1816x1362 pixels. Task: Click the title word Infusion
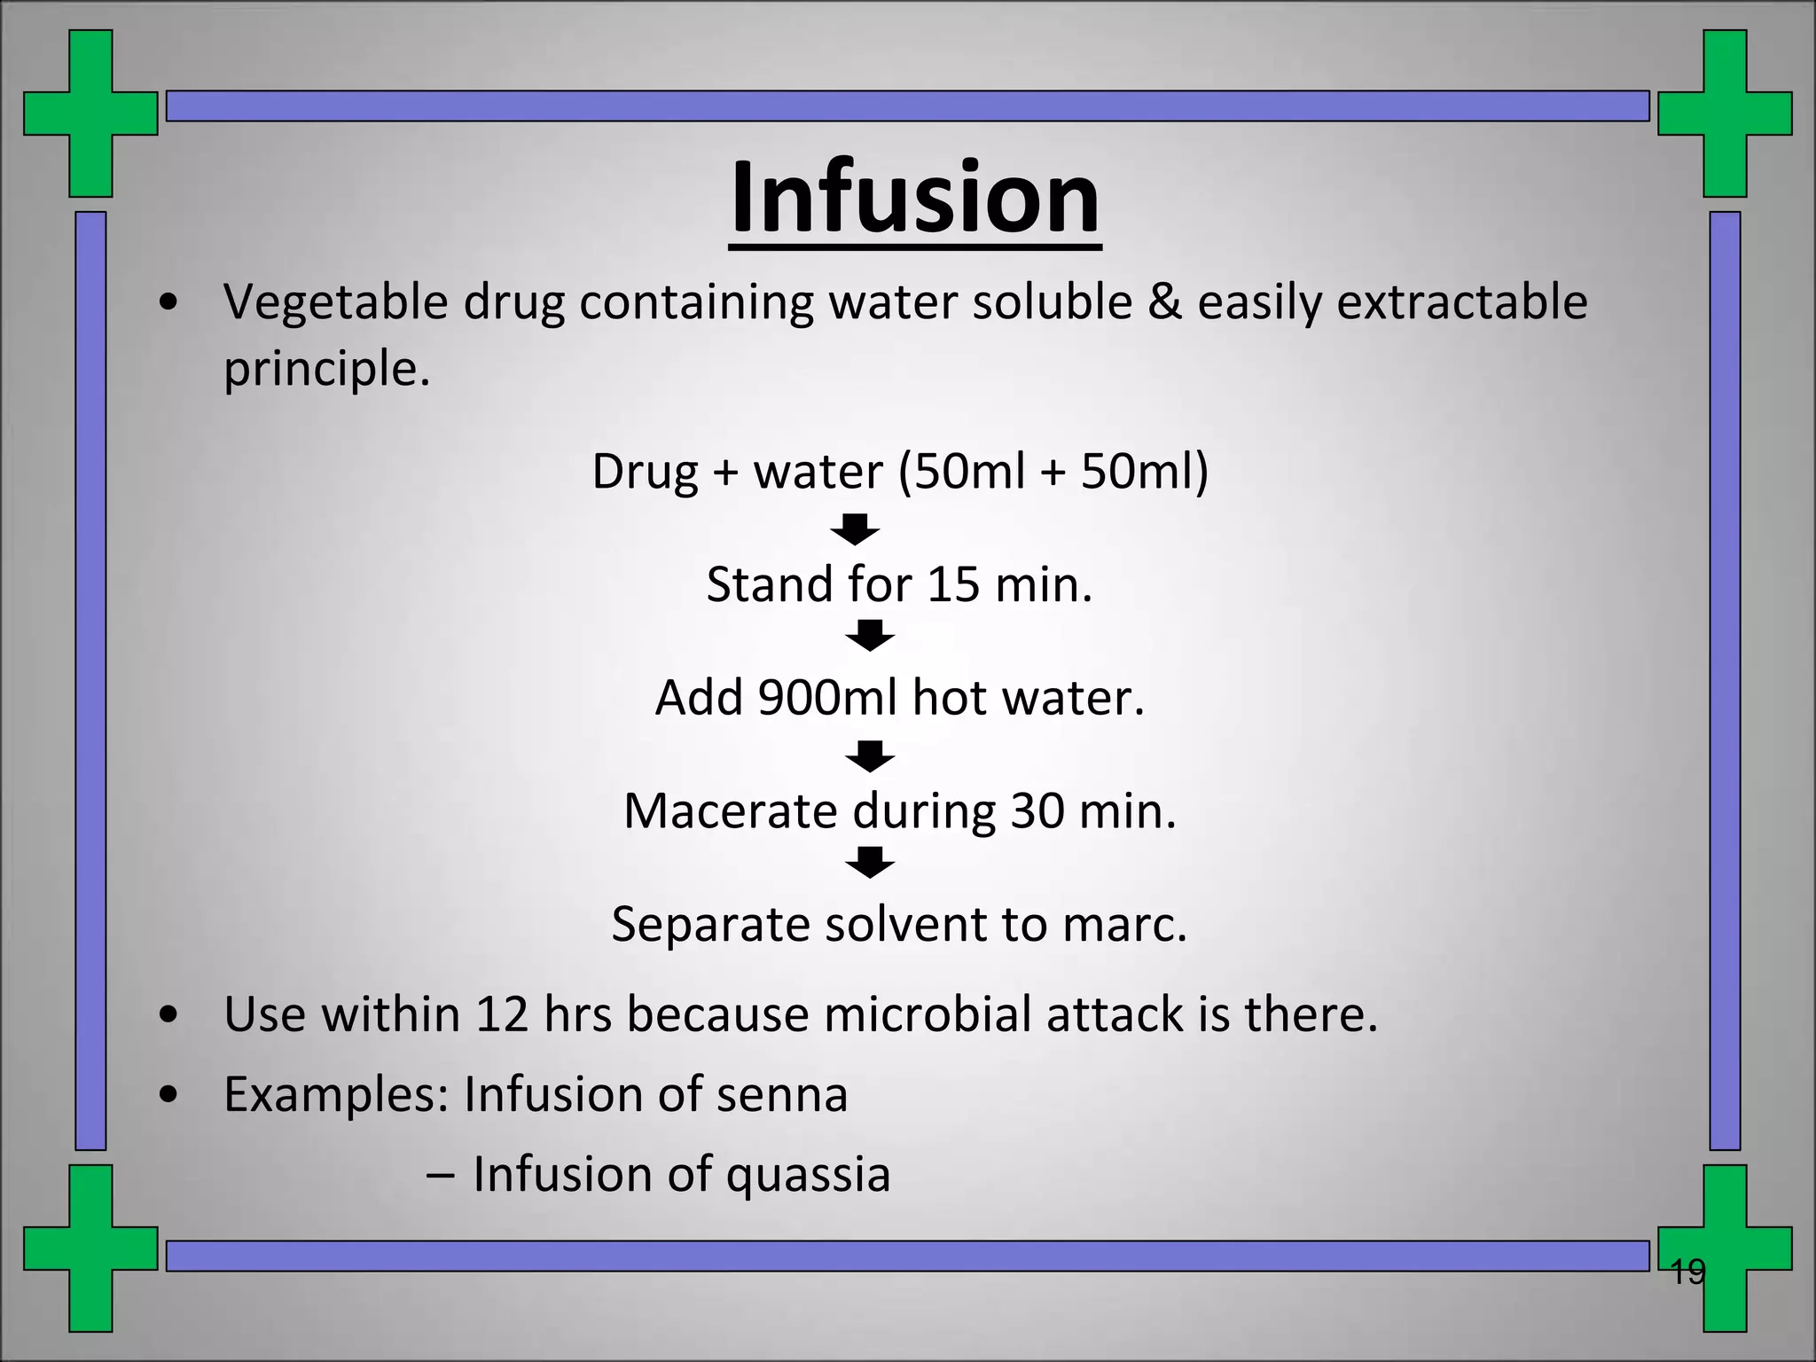915,197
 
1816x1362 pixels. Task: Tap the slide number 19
1687,1272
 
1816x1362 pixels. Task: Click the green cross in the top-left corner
90,113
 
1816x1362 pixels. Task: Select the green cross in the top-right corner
1725,113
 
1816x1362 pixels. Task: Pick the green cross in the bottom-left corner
90,1248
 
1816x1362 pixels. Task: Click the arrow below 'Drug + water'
855,529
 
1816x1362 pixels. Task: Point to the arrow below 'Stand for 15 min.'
870,636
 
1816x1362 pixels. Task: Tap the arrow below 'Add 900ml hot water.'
870,756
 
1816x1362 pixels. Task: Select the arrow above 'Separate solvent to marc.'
870,862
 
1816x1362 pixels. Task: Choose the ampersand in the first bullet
1165,302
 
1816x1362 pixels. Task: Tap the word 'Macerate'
730,811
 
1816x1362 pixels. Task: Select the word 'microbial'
926,1014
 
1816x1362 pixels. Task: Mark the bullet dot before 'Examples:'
168,1095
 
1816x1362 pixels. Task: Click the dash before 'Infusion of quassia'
441,1175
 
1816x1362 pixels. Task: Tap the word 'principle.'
326,369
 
